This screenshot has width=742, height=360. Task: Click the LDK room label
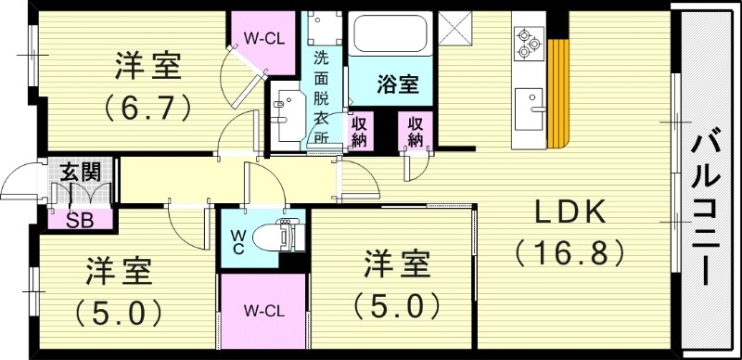569,213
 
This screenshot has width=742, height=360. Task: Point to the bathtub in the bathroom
389,35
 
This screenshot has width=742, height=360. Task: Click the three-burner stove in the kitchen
527,42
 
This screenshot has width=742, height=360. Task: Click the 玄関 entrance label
81,172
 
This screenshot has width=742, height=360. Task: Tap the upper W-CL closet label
262,39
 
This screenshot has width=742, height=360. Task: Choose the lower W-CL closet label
262,310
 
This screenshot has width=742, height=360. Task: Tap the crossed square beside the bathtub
454,29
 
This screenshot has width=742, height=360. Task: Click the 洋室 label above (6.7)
148,67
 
